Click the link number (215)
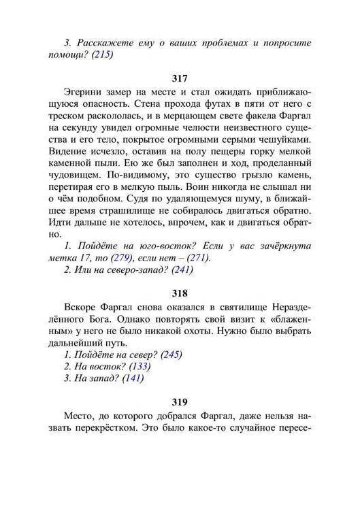point(99,55)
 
